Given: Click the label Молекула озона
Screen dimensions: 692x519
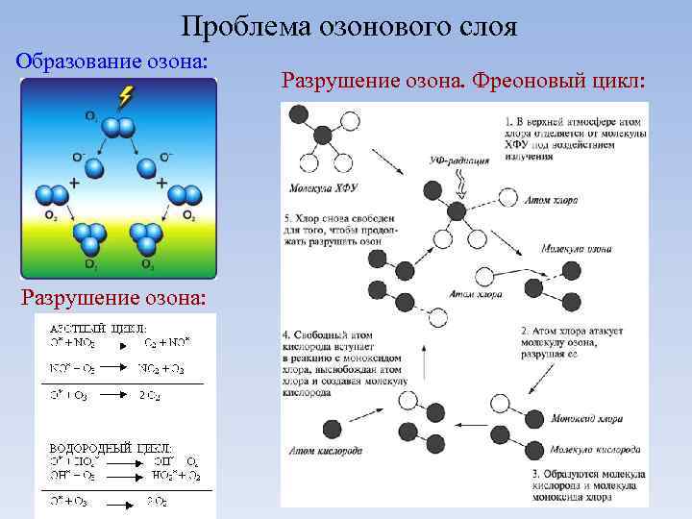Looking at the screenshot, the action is (576, 248).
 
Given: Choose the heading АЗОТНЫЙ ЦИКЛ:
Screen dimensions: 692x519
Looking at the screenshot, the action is (92, 328).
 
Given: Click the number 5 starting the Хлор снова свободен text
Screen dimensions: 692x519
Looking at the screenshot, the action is (287, 218).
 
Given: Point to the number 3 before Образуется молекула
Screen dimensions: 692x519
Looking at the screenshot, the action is (535, 474).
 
